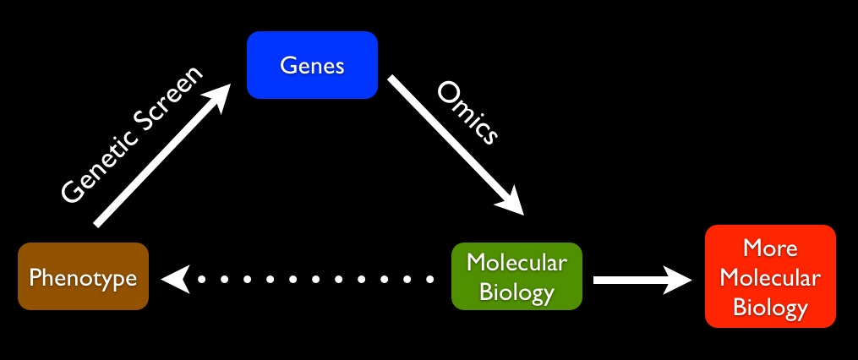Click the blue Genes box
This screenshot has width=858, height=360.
click(x=311, y=64)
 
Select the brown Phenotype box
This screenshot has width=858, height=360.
click(x=83, y=276)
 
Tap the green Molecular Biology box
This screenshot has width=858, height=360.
click(x=517, y=276)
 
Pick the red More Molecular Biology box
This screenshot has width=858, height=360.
click(x=770, y=277)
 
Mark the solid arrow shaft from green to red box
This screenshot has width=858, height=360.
click(x=630, y=279)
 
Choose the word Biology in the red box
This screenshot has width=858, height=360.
click(x=770, y=307)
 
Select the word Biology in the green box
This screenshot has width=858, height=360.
click(x=517, y=292)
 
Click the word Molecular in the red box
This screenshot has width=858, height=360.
click(x=770, y=277)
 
